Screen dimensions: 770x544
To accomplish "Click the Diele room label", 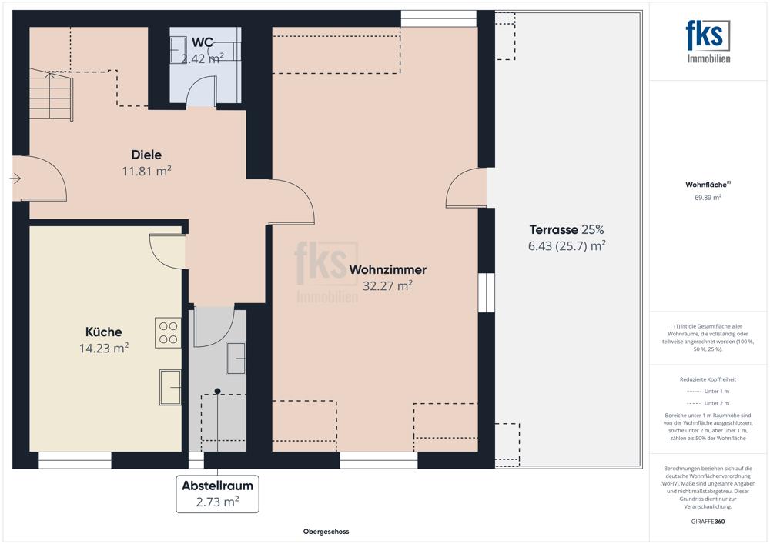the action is [x=146, y=155].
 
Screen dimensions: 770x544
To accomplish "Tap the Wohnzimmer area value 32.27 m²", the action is [x=387, y=285].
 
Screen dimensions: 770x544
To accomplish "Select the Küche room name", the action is [x=104, y=332].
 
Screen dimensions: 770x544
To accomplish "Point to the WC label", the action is [x=203, y=42].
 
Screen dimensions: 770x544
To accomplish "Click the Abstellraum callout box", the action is [x=218, y=494].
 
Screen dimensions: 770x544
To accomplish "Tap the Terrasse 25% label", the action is [x=567, y=229].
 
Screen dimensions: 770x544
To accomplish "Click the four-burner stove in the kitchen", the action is [x=168, y=333].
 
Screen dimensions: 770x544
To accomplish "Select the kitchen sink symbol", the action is [x=170, y=387].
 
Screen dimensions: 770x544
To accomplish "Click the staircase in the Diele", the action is [x=51, y=95].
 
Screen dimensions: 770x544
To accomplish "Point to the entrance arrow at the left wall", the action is [x=15, y=178].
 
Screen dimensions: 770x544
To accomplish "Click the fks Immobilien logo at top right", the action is [x=708, y=42].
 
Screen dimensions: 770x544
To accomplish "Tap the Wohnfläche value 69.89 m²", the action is [x=708, y=198].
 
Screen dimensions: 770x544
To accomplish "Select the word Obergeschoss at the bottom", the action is [x=326, y=532].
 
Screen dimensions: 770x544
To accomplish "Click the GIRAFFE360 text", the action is [x=708, y=522].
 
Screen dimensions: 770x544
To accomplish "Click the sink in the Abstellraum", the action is [x=236, y=359].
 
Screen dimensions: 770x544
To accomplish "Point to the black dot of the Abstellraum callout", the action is [x=218, y=391].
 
